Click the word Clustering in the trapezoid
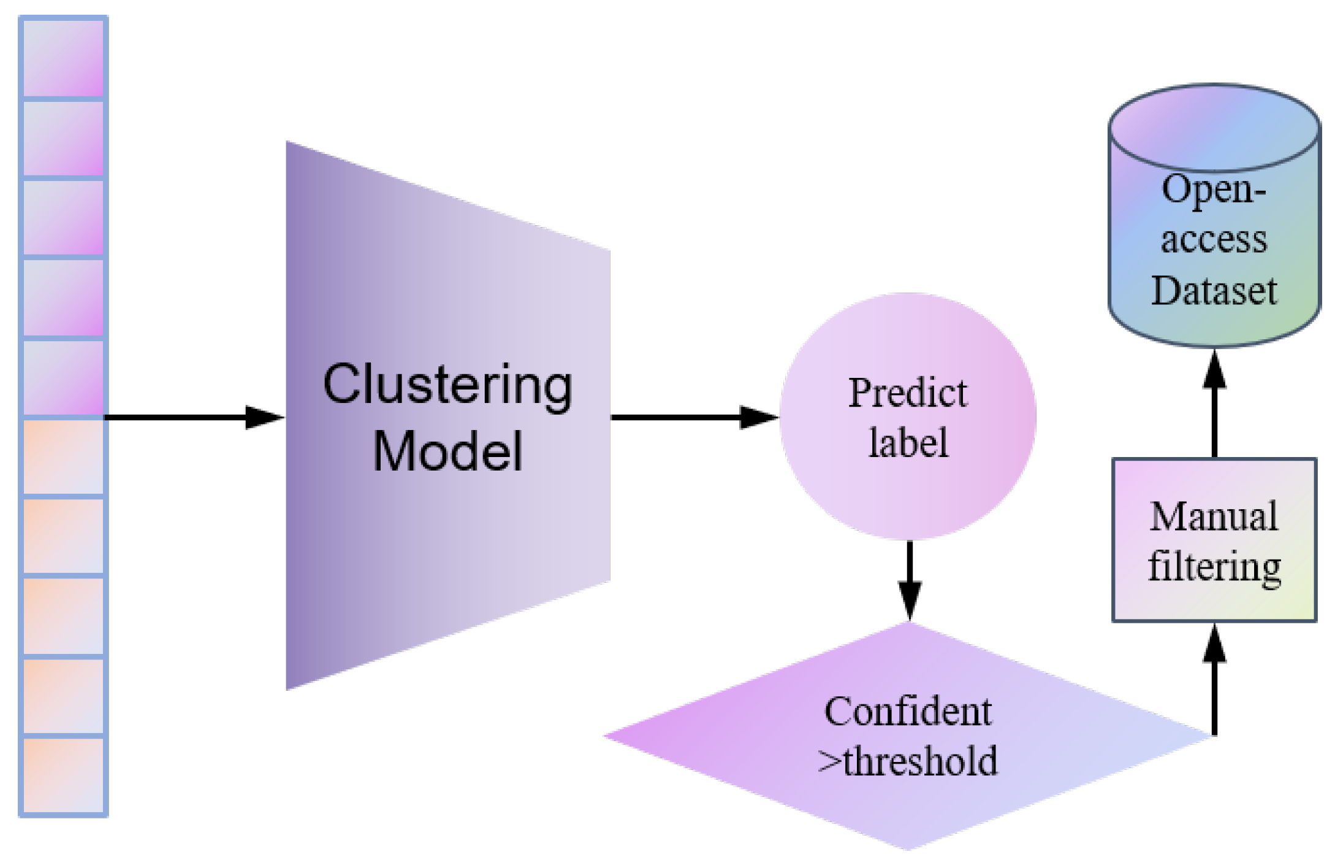pyautogui.click(x=447, y=385)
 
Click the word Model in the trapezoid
pyautogui.click(x=447, y=452)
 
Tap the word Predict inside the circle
pyautogui.click(x=907, y=393)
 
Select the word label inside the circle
pyautogui.click(x=908, y=443)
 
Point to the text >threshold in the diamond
pyautogui.click(x=908, y=761)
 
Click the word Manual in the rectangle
pyautogui.click(x=1214, y=517)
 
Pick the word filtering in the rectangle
pyautogui.click(x=1214, y=566)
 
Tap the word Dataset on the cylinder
pyautogui.click(x=1214, y=290)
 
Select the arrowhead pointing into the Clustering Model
pyautogui.click(x=265, y=418)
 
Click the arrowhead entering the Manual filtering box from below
pyautogui.click(x=1214, y=644)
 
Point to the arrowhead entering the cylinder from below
pyautogui.click(x=1214, y=370)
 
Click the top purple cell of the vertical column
pyautogui.click(x=63, y=57)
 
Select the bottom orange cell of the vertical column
pyautogui.click(x=63, y=775)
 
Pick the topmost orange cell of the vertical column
pyautogui.click(x=63, y=456)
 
